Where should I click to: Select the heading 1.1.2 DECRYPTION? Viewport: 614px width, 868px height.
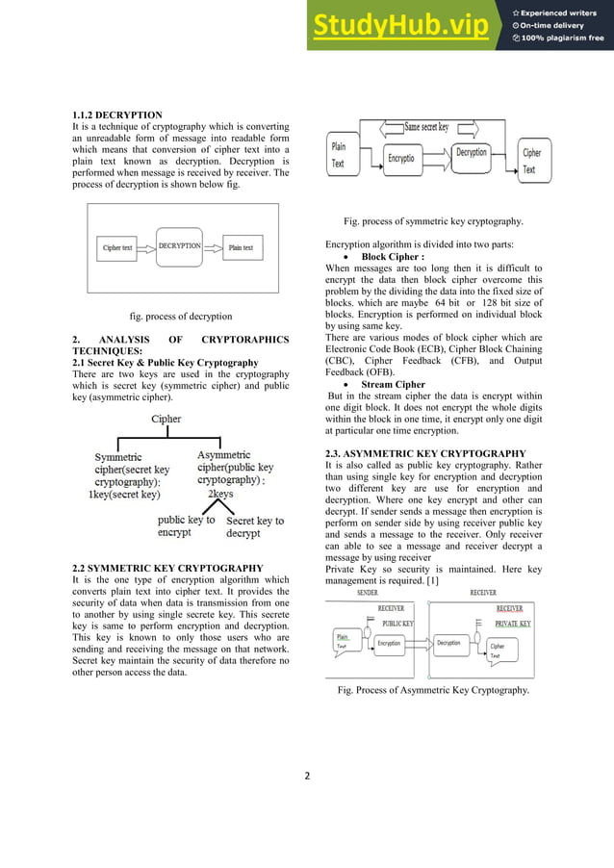pyautogui.click(x=117, y=115)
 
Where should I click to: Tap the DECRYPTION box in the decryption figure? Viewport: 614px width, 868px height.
pyautogui.click(x=179, y=246)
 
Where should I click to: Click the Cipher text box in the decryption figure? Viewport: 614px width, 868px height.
pyautogui.click(x=118, y=248)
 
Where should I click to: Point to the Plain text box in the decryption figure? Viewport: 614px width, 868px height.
pyautogui.click(x=241, y=248)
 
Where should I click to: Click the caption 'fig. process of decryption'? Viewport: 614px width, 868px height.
pyautogui.click(x=181, y=316)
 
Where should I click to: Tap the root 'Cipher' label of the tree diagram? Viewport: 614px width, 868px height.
pyautogui.click(x=166, y=419)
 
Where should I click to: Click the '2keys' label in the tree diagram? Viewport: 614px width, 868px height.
pyautogui.click(x=220, y=494)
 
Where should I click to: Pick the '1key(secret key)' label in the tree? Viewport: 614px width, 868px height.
pyautogui.click(x=124, y=495)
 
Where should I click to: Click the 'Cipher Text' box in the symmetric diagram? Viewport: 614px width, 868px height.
pyautogui.click(x=531, y=161)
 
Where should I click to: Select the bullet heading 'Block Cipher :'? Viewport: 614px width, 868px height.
pyautogui.click(x=392, y=257)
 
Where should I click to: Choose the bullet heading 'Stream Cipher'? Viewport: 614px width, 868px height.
pyautogui.click(x=394, y=385)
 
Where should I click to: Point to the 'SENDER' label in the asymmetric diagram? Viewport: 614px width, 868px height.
pyautogui.click(x=367, y=593)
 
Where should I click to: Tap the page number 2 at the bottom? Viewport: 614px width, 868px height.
pyautogui.click(x=307, y=777)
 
